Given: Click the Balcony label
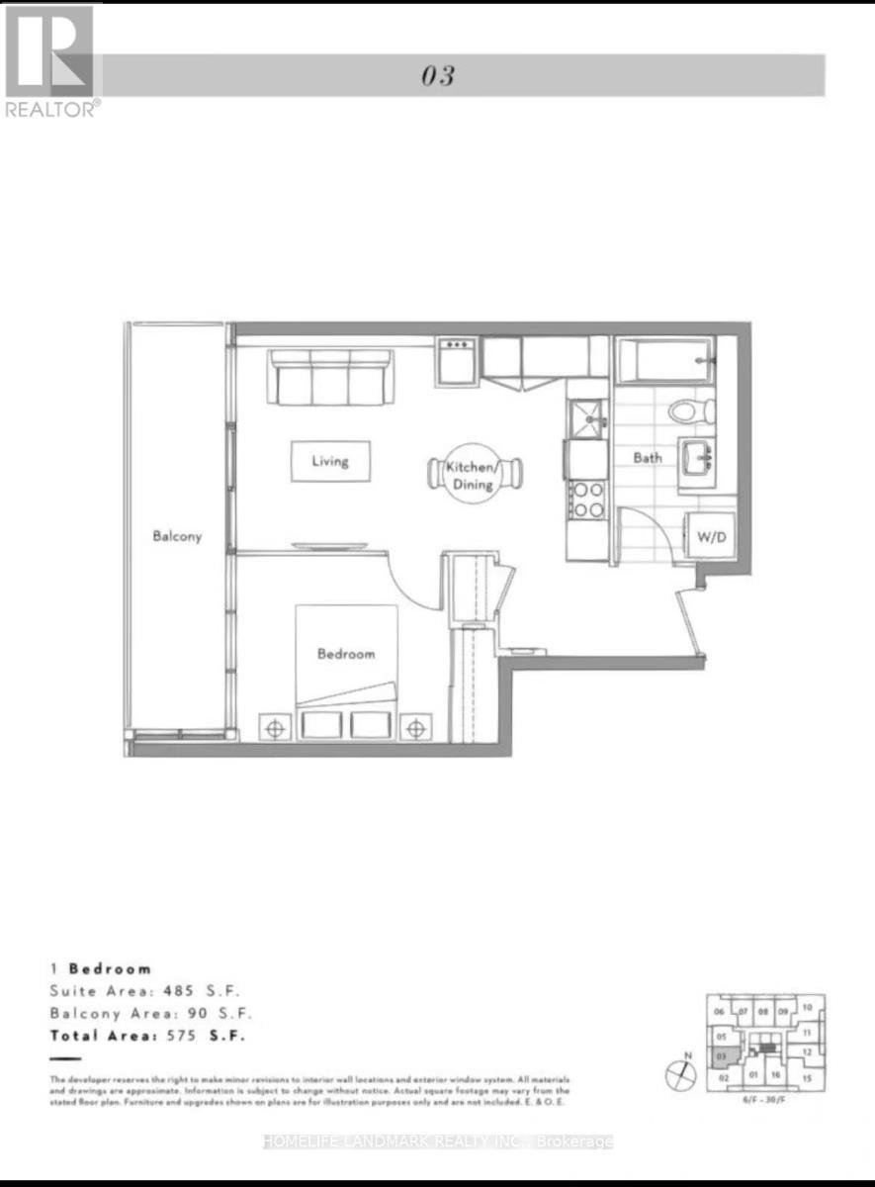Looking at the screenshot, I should click(177, 536).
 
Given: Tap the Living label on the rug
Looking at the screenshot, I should click(329, 461).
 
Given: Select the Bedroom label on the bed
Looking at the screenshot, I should click(346, 654).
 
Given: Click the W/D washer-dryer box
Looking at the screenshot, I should click(709, 538).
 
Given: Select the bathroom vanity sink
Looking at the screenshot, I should click(701, 458).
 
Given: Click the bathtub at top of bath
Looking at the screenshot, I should click(663, 361).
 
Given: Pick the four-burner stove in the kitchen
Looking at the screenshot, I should click(587, 499).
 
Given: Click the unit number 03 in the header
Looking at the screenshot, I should click(437, 76).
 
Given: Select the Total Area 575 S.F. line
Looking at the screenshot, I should click(147, 1036).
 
